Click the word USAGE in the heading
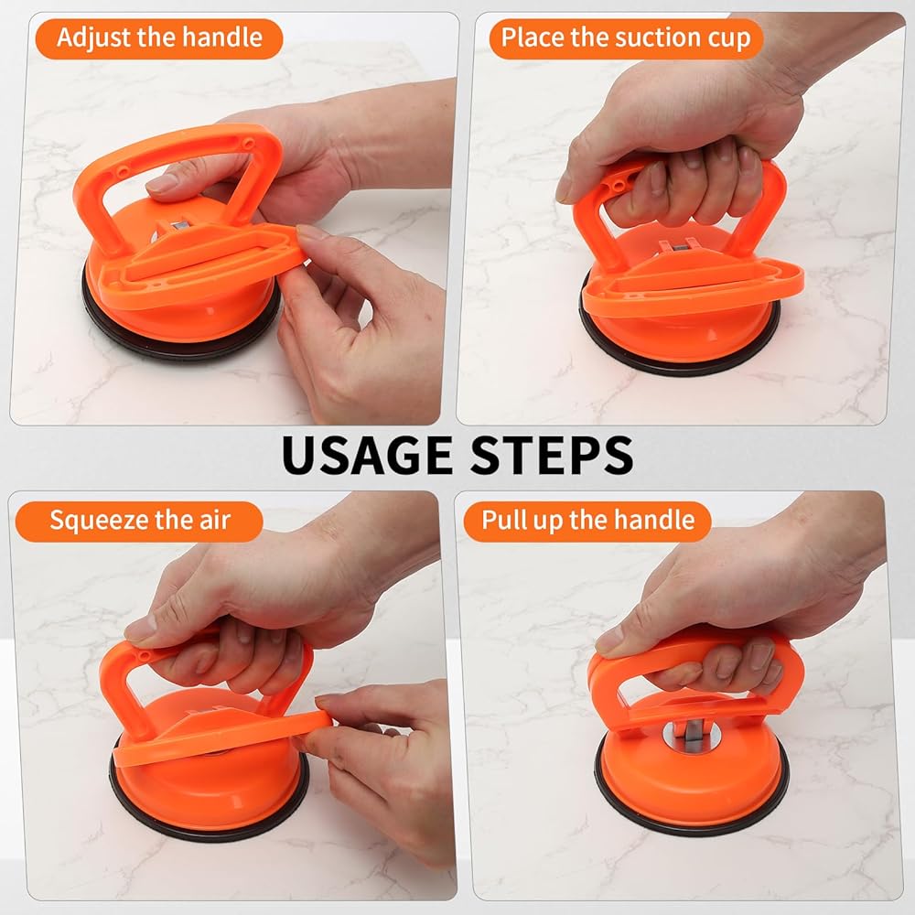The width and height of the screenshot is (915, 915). tap(367, 455)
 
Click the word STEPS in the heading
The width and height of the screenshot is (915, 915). tap(552, 455)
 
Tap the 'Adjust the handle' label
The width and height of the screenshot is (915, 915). tap(159, 38)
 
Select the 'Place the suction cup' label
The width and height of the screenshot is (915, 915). tap(626, 38)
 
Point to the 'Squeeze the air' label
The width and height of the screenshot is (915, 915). tap(139, 522)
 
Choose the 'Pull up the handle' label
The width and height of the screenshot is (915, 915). tap(587, 522)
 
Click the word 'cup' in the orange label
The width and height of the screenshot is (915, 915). tap(729, 39)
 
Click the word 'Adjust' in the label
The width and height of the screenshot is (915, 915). tap(93, 38)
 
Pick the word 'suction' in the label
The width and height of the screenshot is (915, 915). tap(658, 38)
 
